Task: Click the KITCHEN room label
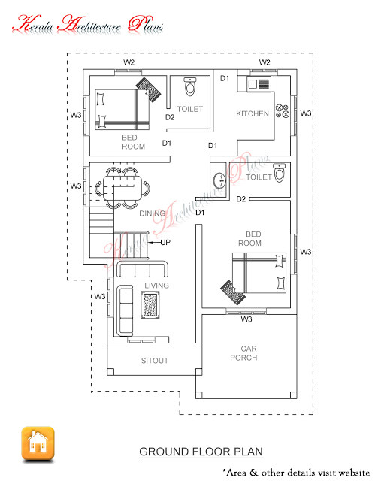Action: [253, 113]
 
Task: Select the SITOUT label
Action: [155, 361]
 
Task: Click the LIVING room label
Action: [157, 286]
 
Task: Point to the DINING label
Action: [152, 213]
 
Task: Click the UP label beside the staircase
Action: [165, 243]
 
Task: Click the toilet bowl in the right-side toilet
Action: [280, 173]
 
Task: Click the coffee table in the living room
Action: [152, 304]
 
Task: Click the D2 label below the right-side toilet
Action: [241, 199]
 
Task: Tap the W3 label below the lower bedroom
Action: [246, 319]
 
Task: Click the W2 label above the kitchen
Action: [265, 62]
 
